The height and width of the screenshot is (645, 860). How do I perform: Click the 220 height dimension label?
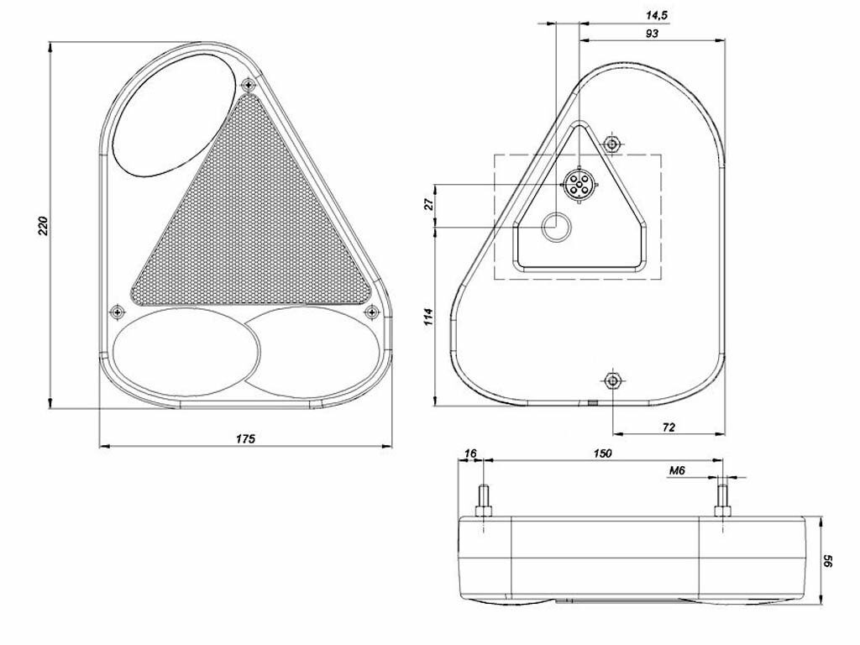tap(44, 225)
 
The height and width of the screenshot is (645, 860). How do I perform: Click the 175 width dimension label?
tap(246, 438)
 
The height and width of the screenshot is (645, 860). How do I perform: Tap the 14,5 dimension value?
tap(656, 15)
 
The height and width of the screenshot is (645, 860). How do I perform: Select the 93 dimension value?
tap(652, 34)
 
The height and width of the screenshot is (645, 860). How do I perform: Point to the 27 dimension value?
tap(429, 204)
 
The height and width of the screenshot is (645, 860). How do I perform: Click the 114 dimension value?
tap(429, 317)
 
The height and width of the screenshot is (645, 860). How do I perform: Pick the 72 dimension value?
tap(669, 427)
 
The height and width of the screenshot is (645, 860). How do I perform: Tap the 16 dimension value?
tap(470, 454)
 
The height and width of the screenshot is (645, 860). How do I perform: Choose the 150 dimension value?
tap(602, 454)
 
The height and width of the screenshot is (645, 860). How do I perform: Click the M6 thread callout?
tap(677, 470)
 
